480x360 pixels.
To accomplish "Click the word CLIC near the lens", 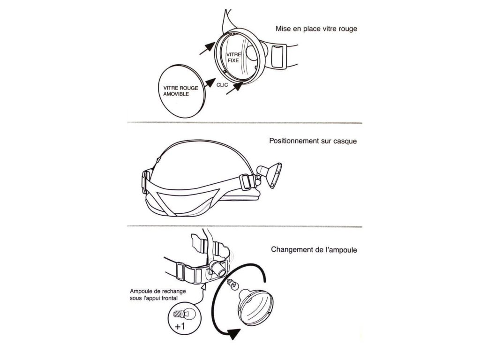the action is click(223, 85).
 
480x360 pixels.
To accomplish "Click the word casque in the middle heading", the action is click(346, 141).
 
